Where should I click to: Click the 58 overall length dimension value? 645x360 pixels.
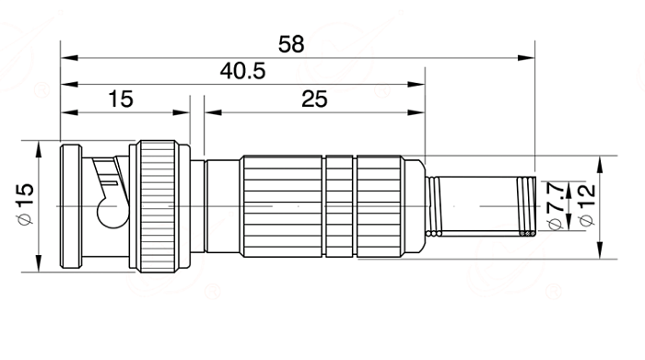[x=291, y=44]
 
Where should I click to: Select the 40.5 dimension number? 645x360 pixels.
[x=242, y=71]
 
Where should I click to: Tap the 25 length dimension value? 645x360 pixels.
[x=314, y=99]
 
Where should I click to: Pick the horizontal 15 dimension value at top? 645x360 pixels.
[x=121, y=99]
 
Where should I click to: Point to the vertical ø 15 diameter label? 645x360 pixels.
[x=25, y=203]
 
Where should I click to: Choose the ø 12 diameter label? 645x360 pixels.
[x=588, y=204]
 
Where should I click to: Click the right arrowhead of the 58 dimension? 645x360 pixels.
[x=526, y=58]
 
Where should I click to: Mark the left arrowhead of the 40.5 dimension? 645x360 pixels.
[x=69, y=85]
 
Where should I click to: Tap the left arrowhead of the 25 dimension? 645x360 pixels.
[x=213, y=112]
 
